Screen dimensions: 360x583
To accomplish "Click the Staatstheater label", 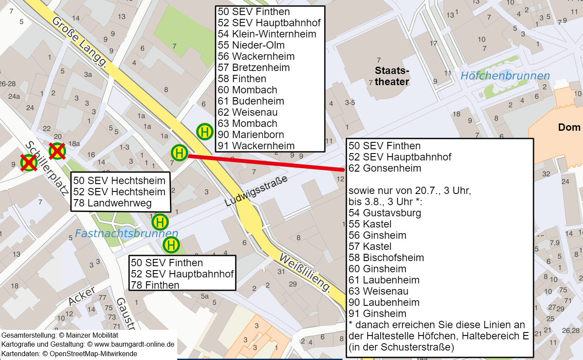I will point(392,76).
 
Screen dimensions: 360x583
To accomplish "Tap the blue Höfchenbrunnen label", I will point(505,76).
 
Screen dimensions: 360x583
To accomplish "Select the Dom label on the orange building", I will point(569,127).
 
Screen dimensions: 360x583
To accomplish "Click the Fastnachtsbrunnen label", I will point(126,234).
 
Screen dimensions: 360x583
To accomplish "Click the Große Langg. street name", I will point(80,42).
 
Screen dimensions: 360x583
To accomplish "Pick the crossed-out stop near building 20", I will point(57,151).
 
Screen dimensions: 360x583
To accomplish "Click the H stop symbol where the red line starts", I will point(179,153).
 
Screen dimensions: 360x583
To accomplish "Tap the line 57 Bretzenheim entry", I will point(254,68).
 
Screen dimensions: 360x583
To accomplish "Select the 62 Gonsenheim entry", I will point(385,168).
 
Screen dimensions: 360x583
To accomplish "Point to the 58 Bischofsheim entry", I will point(386,258).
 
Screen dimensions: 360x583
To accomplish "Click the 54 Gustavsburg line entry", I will point(385,213).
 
